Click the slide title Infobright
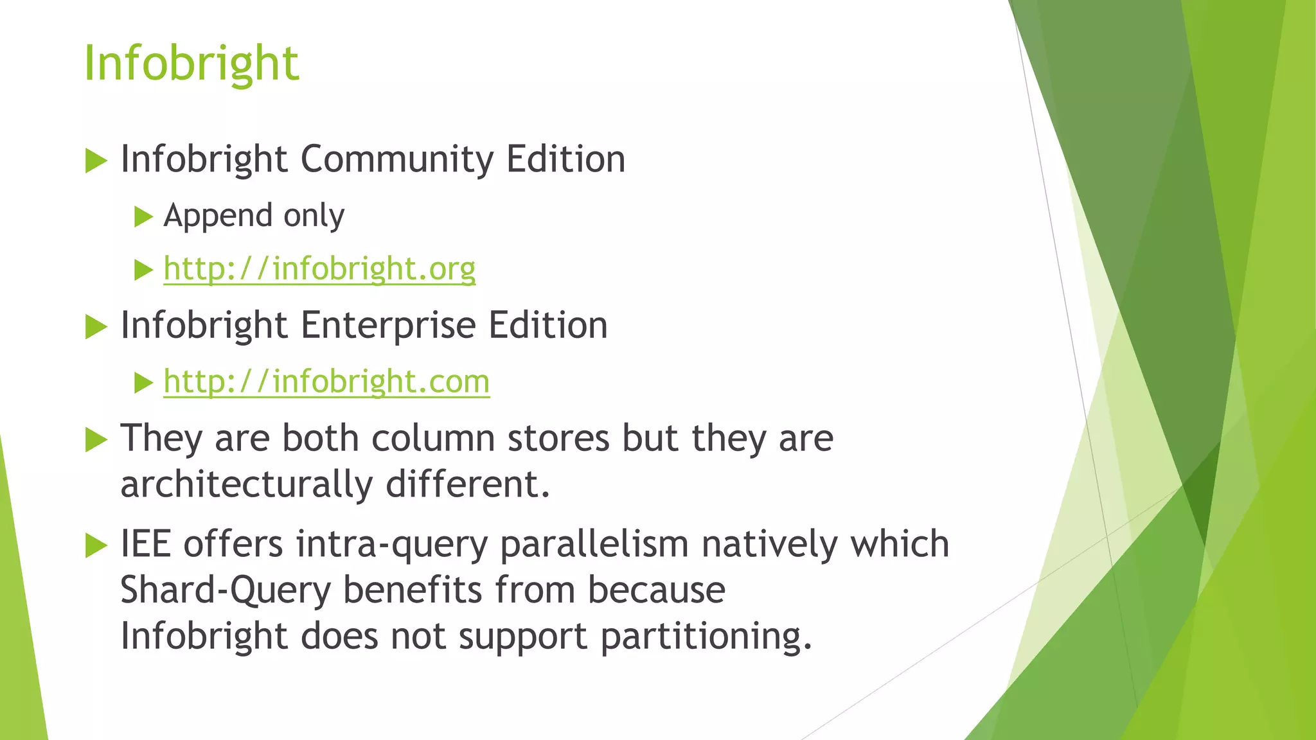point(191,64)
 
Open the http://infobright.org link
point(319,269)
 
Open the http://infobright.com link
point(326,382)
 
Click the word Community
point(397,159)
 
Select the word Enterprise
point(388,326)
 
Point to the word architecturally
point(246,484)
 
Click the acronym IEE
point(146,544)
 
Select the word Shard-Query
point(226,590)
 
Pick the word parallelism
point(594,544)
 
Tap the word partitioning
point(706,637)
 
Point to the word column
point(433,439)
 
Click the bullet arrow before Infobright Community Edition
point(96,161)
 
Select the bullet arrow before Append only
point(143,217)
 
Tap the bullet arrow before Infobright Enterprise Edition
point(96,327)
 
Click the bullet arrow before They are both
point(96,440)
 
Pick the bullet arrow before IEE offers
point(96,545)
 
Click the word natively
point(770,544)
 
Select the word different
point(468,484)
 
